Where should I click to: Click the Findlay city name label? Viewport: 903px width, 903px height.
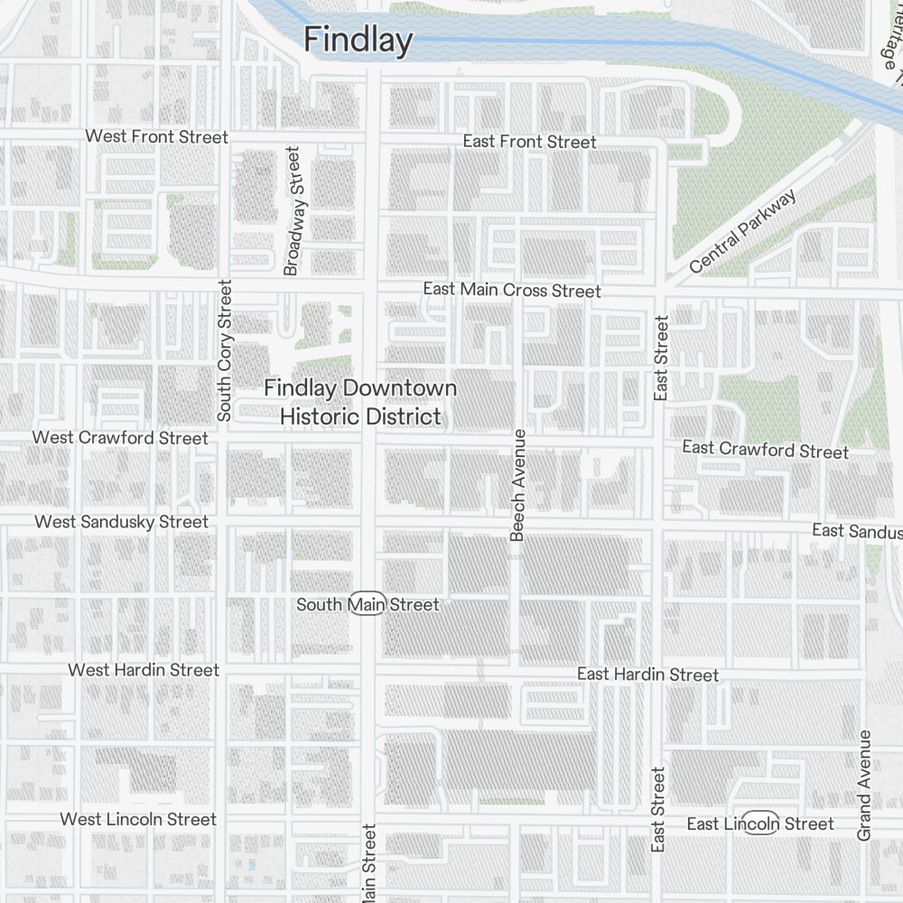coord(358,41)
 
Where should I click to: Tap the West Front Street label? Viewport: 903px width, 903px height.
coord(156,136)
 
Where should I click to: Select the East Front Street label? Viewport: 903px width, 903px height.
coord(529,142)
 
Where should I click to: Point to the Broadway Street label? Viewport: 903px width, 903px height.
coord(291,211)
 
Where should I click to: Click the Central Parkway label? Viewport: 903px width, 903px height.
coord(743,231)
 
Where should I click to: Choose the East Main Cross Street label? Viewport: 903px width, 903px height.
coord(511,290)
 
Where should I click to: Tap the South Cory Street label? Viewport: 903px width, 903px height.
coord(225,349)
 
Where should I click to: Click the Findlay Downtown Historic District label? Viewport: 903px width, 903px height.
coord(360,402)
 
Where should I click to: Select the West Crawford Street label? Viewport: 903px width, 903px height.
coord(120,438)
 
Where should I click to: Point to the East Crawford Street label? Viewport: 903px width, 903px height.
coord(765,449)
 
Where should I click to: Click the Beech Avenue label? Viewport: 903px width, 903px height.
coord(517,485)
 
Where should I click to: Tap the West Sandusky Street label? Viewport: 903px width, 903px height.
coord(121,522)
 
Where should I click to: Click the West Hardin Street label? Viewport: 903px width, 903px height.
coord(144,670)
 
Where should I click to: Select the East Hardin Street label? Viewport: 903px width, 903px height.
coord(647,675)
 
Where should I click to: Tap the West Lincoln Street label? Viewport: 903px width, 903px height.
coord(138,819)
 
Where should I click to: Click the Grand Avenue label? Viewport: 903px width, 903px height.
coord(864,785)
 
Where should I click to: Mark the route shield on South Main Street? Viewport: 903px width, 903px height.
coord(368,604)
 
